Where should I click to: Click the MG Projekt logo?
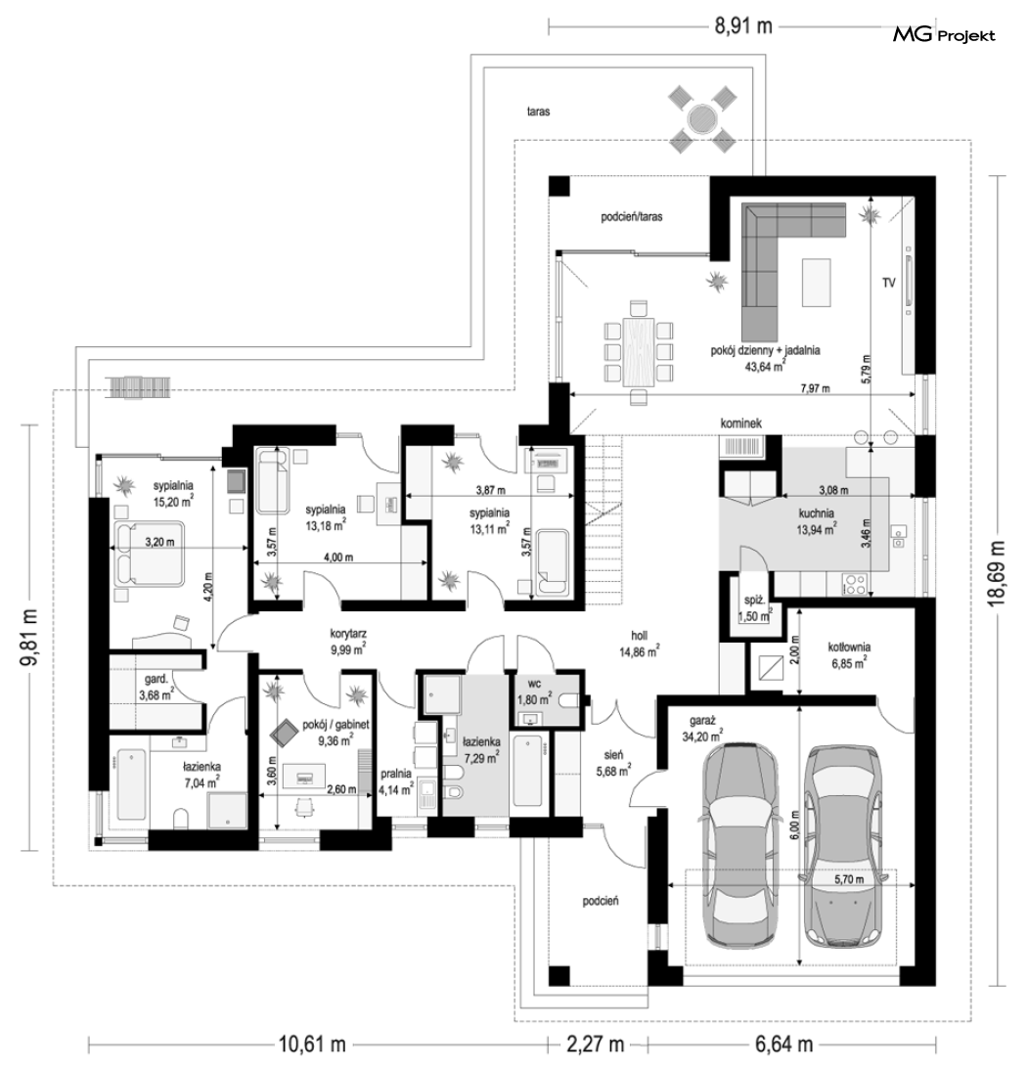pyautogui.click(x=944, y=35)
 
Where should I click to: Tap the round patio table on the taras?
pyautogui.click(x=702, y=119)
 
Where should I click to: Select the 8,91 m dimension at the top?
pyautogui.click(x=743, y=26)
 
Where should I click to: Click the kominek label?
pyautogui.click(x=740, y=424)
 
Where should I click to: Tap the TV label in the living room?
pyautogui.click(x=888, y=282)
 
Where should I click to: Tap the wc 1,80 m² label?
pyautogui.click(x=535, y=692)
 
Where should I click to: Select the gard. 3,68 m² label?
pyautogui.click(x=156, y=688)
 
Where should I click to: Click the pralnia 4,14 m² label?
pyautogui.click(x=396, y=782)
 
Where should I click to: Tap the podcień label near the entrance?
pyautogui.click(x=601, y=901)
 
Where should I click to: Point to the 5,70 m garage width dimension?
pyautogui.click(x=849, y=879)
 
